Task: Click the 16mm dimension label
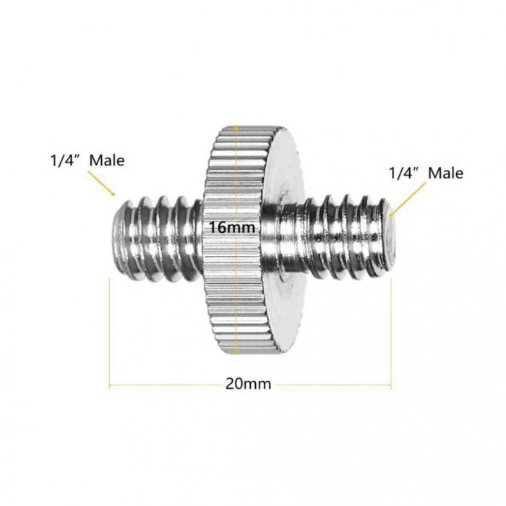pos(232,228)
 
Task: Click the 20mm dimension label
pos(248,384)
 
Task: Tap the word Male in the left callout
pos(107,160)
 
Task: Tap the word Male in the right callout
pos(445,173)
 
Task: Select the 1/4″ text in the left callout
pos(67,160)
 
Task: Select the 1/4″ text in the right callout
pos(405,173)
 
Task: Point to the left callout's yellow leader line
pos(101,183)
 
